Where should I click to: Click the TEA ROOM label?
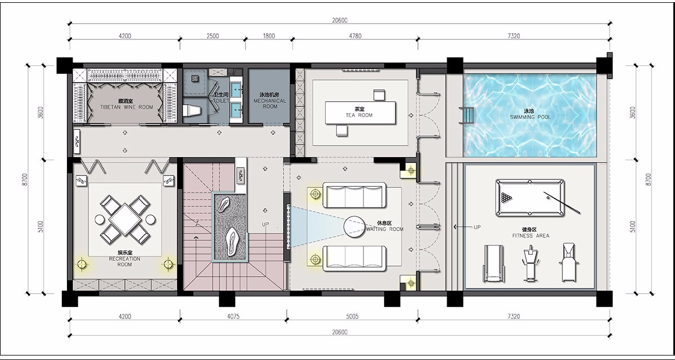point(359,115)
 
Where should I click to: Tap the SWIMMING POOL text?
point(530,117)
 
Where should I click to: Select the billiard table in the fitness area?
point(530,197)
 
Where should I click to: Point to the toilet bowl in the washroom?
point(192,110)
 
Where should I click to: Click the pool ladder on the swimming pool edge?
point(466,115)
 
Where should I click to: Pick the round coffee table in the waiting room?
point(354,227)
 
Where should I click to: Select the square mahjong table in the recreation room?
point(124,219)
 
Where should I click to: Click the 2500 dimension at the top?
point(213,36)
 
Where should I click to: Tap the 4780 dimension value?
point(355,36)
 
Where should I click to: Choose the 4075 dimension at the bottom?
point(233,316)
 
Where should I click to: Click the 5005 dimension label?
point(352,316)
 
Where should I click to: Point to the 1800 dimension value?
point(269,36)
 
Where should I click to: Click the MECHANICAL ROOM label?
point(269,103)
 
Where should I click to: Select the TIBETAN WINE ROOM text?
point(127,107)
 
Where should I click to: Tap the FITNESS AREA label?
point(530,236)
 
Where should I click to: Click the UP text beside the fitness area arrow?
point(477,227)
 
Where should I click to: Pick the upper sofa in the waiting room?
point(354,195)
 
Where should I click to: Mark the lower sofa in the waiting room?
point(354,258)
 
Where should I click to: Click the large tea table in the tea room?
point(361,112)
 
